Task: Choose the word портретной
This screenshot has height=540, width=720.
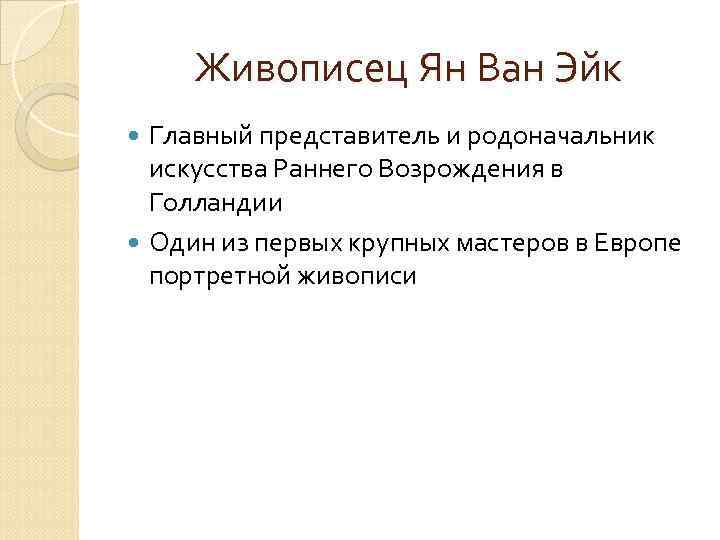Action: click(x=219, y=275)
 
